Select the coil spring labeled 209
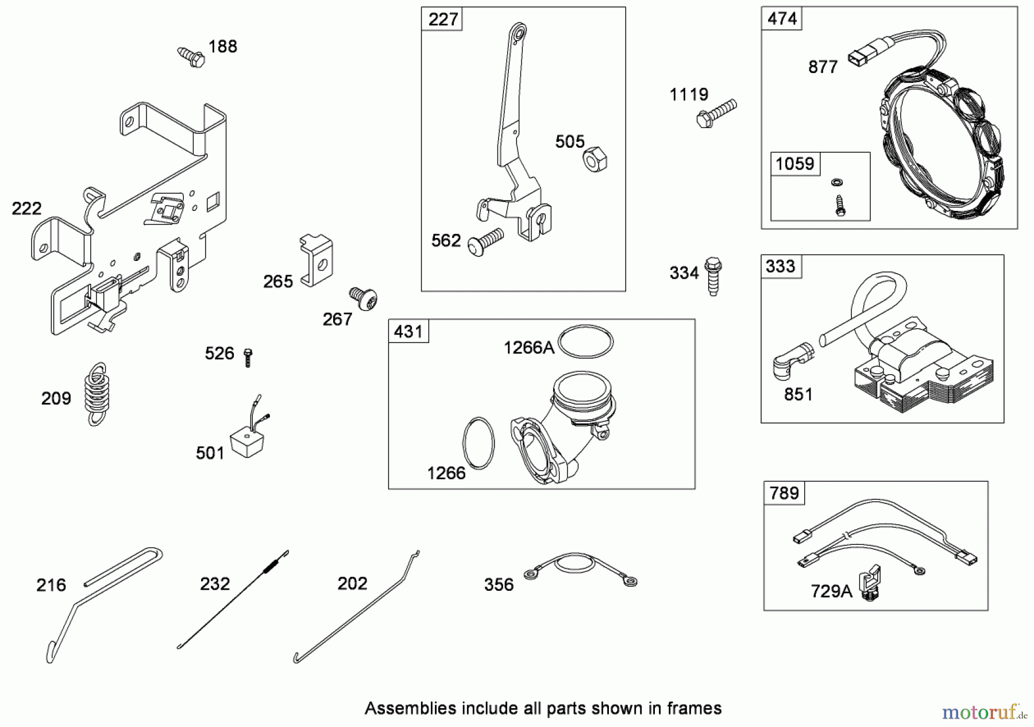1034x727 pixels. click(x=97, y=394)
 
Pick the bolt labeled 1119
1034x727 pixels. click(x=716, y=113)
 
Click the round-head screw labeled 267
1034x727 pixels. click(x=363, y=299)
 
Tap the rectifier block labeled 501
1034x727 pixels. click(x=247, y=443)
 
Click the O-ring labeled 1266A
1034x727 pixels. click(x=586, y=342)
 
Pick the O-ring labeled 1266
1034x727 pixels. click(x=478, y=443)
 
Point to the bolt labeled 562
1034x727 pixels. click(x=485, y=242)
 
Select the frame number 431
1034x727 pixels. click(x=408, y=332)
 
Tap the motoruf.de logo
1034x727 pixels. click(x=983, y=713)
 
